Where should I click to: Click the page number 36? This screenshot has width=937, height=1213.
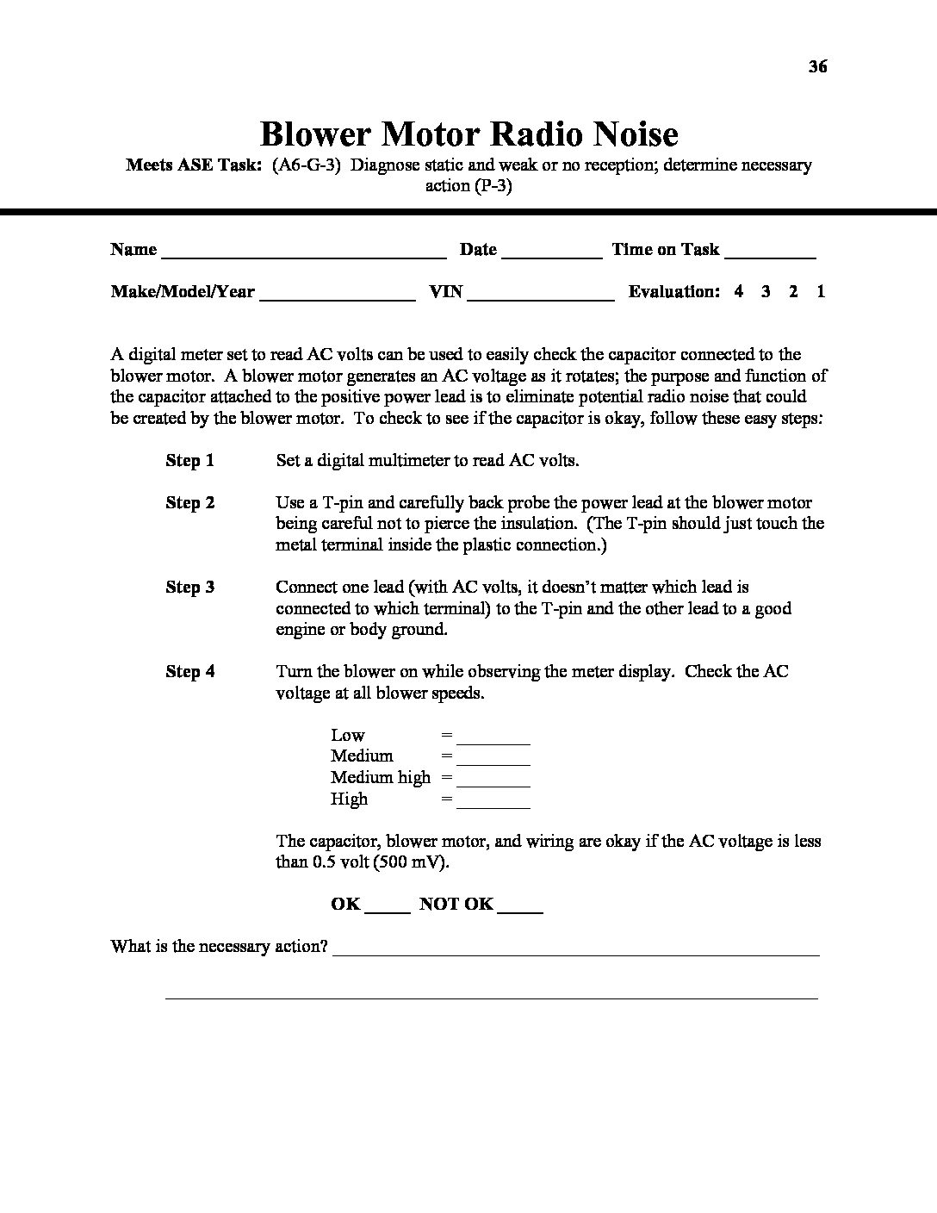pos(818,66)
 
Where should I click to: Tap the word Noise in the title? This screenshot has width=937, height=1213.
pos(633,134)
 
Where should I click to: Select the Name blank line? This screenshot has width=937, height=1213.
pos(303,252)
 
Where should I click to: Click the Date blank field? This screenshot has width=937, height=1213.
pos(551,252)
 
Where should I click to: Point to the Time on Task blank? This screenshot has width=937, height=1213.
pos(770,252)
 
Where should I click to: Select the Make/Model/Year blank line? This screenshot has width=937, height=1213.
pos(338,294)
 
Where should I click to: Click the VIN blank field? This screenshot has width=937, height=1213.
pos(541,294)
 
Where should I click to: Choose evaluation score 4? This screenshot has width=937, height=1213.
pos(739,291)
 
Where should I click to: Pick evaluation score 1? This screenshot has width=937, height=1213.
pos(821,291)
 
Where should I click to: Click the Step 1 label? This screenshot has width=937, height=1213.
pos(189,461)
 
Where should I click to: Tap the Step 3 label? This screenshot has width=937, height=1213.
pos(189,588)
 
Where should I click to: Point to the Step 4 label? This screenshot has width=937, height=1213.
pos(189,672)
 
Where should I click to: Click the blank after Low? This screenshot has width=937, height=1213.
pos(493,737)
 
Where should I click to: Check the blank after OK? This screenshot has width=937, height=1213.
pos(388,906)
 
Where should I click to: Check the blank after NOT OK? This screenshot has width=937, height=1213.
pos(520,906)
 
